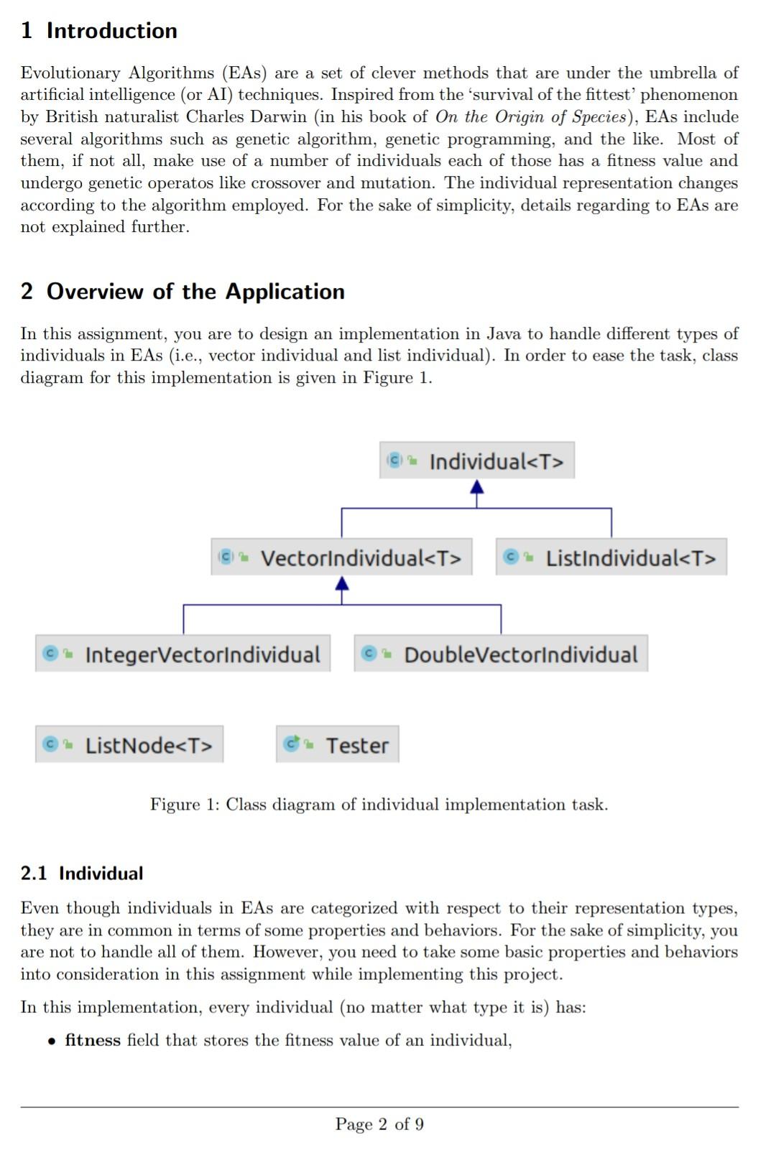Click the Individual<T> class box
tap(477, 460)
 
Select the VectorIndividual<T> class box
tap(341, 557)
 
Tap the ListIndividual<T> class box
tap(611, 557)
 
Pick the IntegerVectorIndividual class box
tap(183, 654)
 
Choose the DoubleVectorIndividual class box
tap(501, 654)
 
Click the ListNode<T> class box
tap(129, 744)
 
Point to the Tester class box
tap(337, 744)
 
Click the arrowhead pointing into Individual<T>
tap(476, 488)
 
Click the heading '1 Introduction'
tap(99, 31)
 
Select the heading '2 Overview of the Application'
tap(183, 292)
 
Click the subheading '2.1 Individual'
tap(82, 874)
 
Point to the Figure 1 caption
tap(379, 805)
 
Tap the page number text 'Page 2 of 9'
tap(379, 1124)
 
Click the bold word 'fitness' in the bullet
tap(93, 1040)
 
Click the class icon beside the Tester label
tap(292, 744)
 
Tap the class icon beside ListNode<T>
tap(50, 744)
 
